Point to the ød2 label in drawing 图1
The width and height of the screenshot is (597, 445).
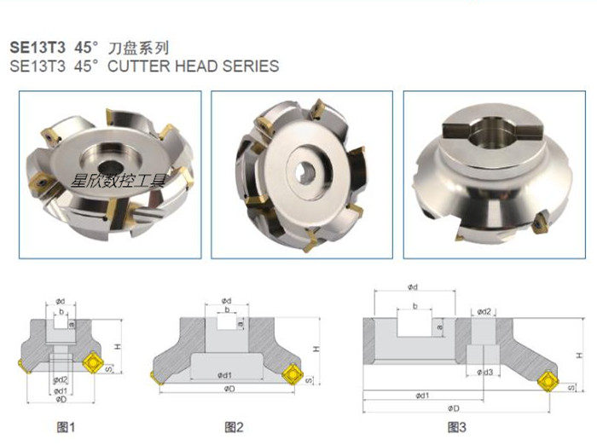tap(60, 379)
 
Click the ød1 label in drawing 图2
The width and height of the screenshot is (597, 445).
tap(225, 373)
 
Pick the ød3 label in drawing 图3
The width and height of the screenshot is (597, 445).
tap(485, 372)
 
